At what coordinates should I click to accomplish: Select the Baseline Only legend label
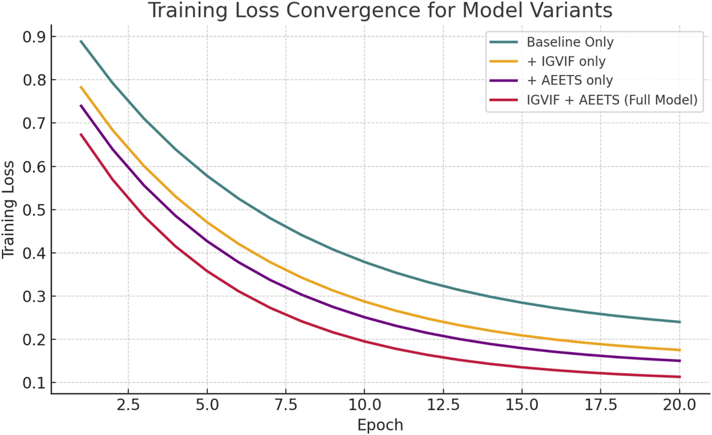click(x=570, y=42)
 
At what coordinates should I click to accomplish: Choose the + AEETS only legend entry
click(x=569, y=81)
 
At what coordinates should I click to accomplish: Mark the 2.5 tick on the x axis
click(x=128, y=406)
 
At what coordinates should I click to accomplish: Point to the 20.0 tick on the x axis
click(x=679, y=406)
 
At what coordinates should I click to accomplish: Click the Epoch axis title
click(x=380, y=425)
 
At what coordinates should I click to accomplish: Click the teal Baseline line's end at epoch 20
click(x=679, y=322)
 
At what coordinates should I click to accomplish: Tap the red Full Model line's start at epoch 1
click(x=81, y=134)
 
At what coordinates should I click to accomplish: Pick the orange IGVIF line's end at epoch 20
click(x=679, y=350)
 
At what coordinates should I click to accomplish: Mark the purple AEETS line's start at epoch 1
click(x=81, y=106)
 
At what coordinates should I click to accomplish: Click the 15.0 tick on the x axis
click(x=522, y=406)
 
